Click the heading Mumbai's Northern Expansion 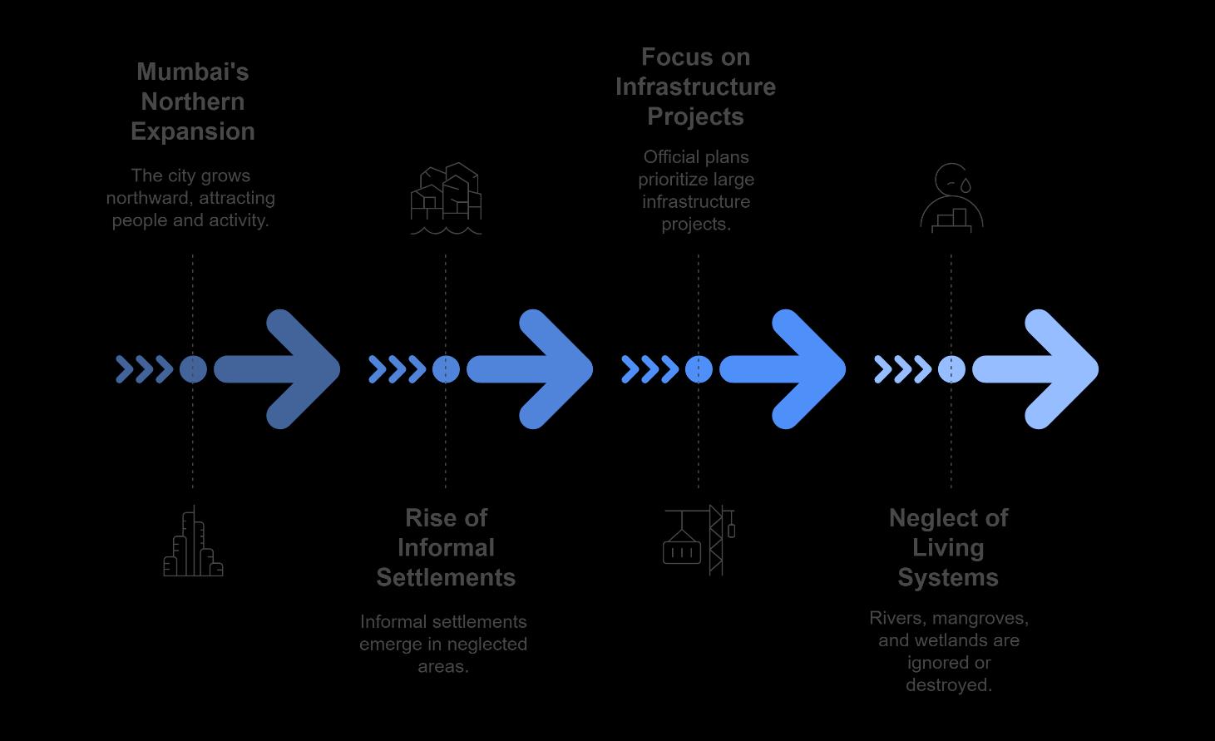pyautogui.click(x=193, y=101)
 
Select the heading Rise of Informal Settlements pyautogui.click(x=446, y=547)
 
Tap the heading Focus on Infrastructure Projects pyautogui.click(x=695, y=86)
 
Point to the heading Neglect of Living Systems pyautogui.click(x=948, y=547)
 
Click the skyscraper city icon pyautogui.click(x=193, y=542)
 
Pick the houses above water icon pyautogui.click(x=446, y=199)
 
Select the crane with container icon pyautogui.click(x=699, y=540)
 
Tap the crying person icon pyautogui.click(x=951, y=198)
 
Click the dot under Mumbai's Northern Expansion pyautogui.click(x=193, y=369)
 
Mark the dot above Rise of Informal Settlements pyautogui.click(x=446, y=369)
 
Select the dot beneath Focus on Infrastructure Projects pyautogui.click(x=699, y=369)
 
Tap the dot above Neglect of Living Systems pyautogui.click(x=951, y=369)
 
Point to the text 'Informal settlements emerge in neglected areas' pyautogui.click(x=443, y=644)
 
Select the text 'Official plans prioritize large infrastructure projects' pyautogui.click(x=696, y=190)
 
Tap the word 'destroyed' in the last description pyautogui.click(x=948, y=685)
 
